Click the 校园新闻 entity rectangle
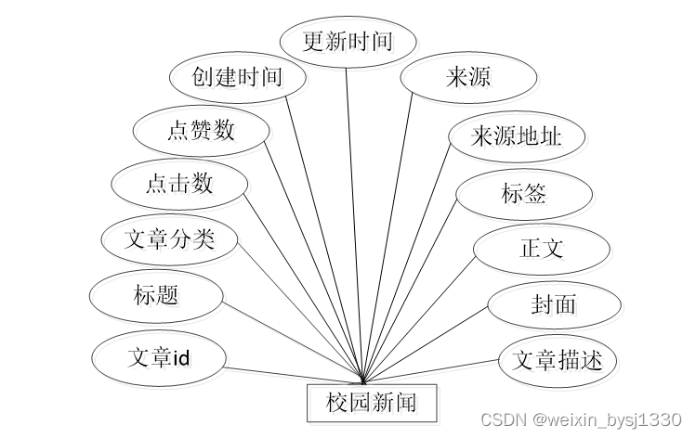coord(370,402)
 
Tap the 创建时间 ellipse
coord(238,76)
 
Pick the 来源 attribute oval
coord(468,76)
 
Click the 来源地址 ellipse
coord(517,136)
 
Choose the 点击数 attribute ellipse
coord(178,183)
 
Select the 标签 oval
coord(524,193)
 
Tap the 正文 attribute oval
coord(541,248)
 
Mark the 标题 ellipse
coord(156,296)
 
